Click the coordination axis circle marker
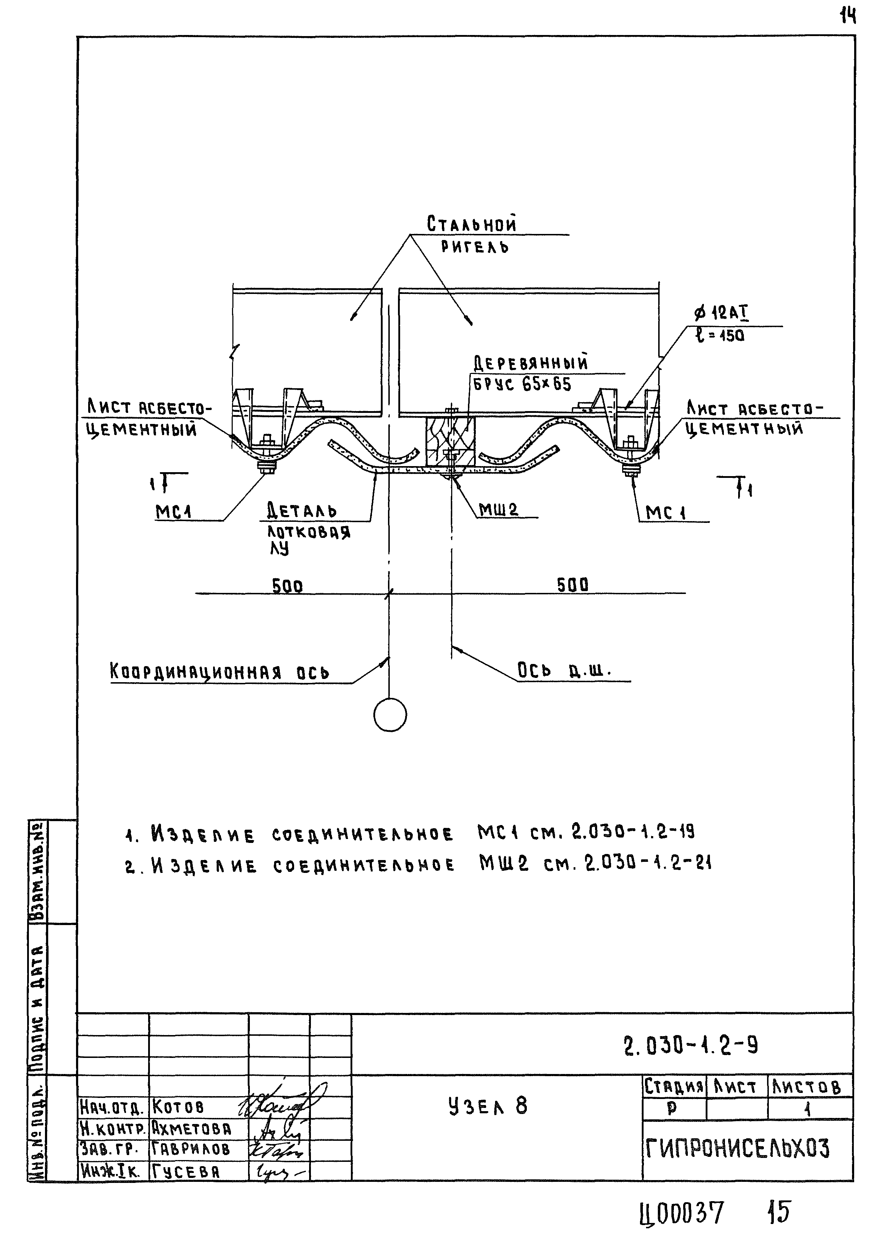(390, 715)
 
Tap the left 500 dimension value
(287, 586)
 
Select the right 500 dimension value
(573, 585)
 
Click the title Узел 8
(488, 1106)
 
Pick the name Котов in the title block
(178, 1106)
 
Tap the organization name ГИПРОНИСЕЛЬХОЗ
(737, 1149)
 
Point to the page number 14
(848, 18)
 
